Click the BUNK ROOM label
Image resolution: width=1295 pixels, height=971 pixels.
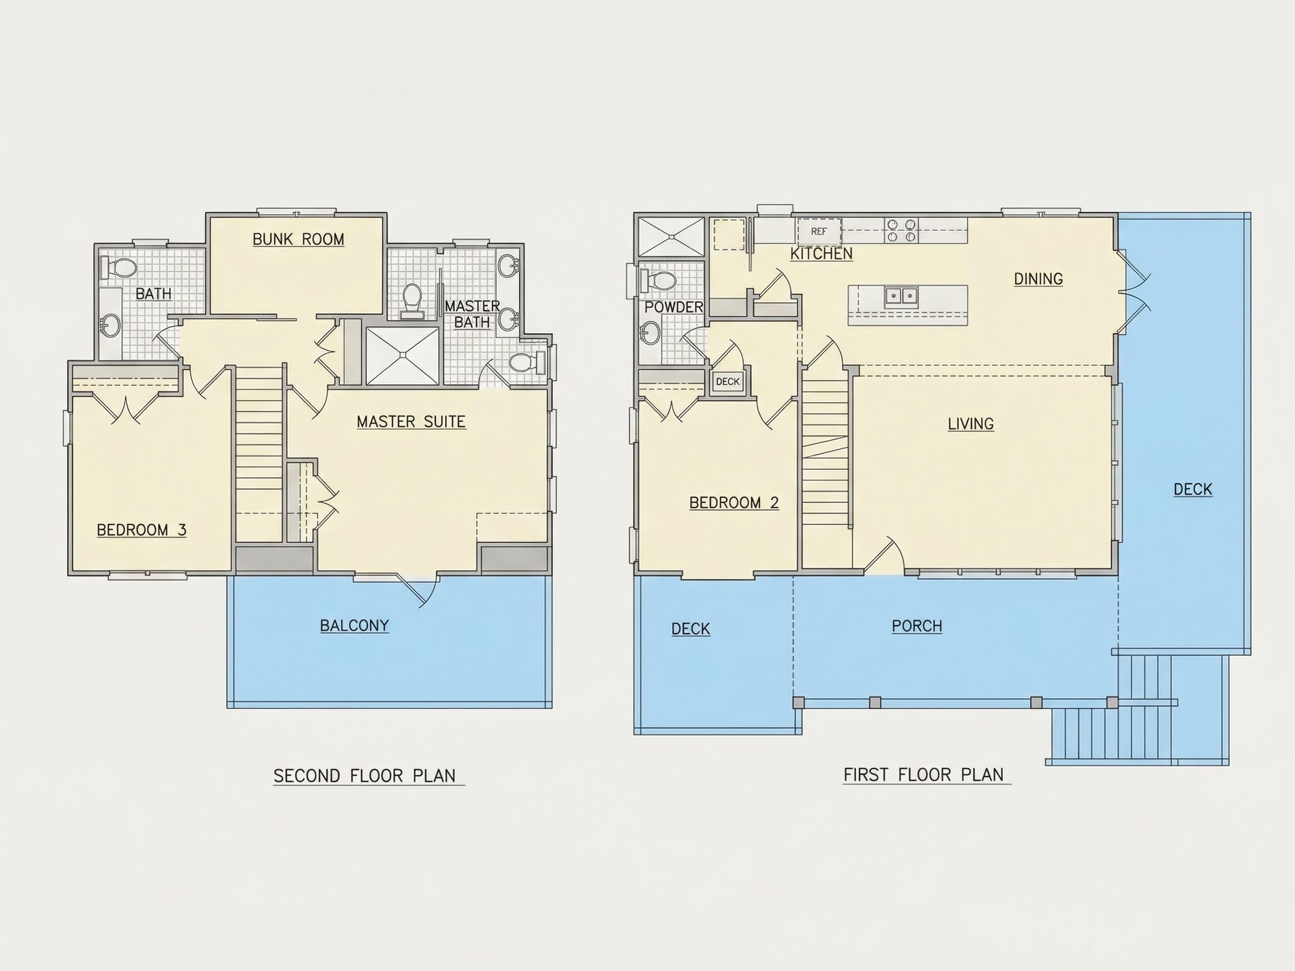tap(298, 239)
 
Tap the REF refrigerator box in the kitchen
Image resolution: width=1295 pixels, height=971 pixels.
tap(818, 231)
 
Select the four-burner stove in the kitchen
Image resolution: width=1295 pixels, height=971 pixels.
tap(902, 230)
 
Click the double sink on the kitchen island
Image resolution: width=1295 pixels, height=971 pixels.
tap(901, 296)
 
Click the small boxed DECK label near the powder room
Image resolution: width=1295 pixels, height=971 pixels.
tap(728, 382)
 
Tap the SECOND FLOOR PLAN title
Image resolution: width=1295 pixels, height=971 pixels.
tap(364, 776)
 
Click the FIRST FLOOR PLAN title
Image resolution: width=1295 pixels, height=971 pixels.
tap(923, 775)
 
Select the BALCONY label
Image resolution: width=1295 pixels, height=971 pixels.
tap(354, 625)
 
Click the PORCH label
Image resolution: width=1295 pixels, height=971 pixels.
tap(917, 627)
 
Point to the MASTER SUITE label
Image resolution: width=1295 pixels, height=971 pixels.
tap(411, 421)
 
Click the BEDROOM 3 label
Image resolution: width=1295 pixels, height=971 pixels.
tap(141, 530)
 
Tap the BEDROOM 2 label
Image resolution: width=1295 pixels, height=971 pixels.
tap(733, 503)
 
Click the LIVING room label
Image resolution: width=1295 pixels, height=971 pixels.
tap(971, 424)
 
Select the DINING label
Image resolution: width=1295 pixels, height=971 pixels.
tap(1038, 279)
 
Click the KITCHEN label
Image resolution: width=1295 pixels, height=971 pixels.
tap(821, 254)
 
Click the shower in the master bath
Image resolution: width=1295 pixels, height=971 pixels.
tap(402, 355)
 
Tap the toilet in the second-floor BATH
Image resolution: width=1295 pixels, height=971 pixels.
tap(119, 269)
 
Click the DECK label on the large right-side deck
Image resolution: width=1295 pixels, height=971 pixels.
tap(1193, 489)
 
